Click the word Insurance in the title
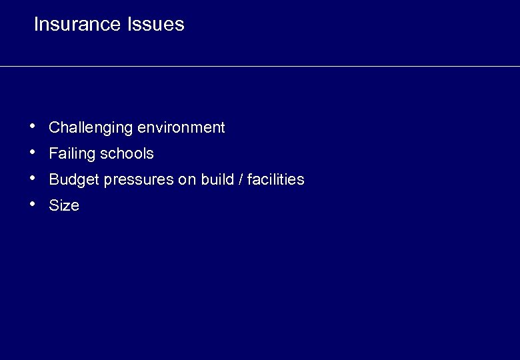(x=77, y=25)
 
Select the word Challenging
(x=91, y=128)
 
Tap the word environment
(x=181, y=127)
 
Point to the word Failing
(x=72, y=154)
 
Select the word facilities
(x=275, y=179)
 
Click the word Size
(x=64, y=206)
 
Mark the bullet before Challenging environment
(x=33, y=125)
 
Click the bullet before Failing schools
(x=33, y=151)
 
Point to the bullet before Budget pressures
(x=33, y=177)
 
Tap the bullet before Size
(x=33, y=203)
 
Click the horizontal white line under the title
(x=260, y=66)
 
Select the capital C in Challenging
(x=54, y=127)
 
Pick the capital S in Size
(x=53, y=206)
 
